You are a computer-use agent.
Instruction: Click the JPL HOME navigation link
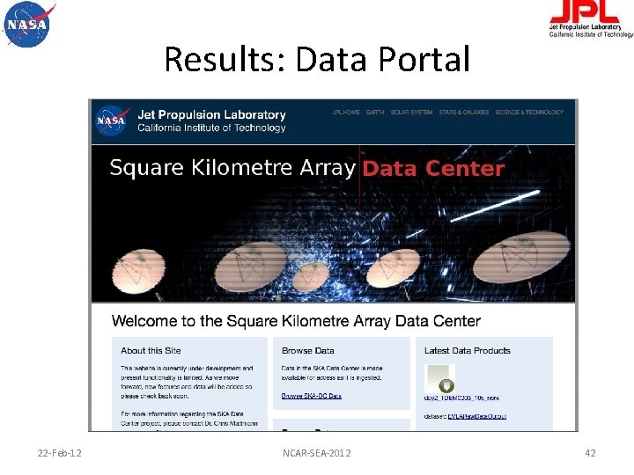346,113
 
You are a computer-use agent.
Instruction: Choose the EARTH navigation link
375,113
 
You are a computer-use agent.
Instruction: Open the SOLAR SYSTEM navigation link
411,113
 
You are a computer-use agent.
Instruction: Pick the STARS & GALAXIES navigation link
463,113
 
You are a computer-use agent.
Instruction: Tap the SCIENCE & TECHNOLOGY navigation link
529,113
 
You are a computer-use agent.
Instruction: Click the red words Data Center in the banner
433,168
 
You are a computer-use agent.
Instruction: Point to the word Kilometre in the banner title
254,168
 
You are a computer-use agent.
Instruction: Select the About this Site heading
151,351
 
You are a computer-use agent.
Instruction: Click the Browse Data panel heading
308,351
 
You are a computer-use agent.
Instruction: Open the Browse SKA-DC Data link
311,397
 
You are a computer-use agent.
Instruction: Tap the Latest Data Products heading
467,351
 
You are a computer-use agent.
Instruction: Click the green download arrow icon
446,385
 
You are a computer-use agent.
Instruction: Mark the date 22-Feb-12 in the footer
61,453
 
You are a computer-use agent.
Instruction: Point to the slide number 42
590,453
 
